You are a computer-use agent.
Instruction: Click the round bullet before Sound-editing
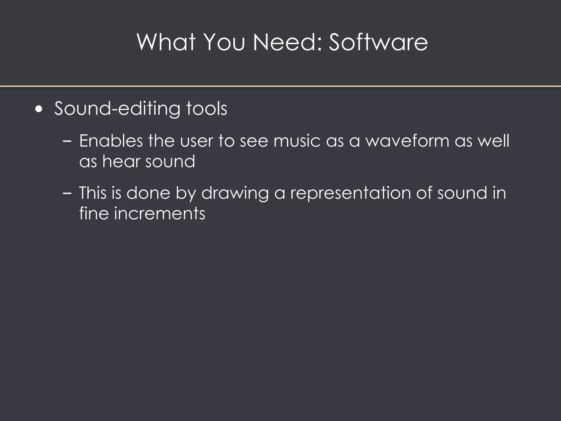(x=39, y=109)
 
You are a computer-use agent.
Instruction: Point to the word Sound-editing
(x=117, y=109)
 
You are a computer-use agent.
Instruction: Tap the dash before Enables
(x=67, y=141)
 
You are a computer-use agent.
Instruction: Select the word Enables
(x=111, y=141)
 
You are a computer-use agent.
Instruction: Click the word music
(x=297, y=141)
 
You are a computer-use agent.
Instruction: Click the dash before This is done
(x=67, y=193)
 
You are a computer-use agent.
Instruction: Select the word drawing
(x=235, y=193)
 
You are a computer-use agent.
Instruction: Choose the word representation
(x=351, y=193)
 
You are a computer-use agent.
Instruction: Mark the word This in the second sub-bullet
(x=93, y=193)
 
